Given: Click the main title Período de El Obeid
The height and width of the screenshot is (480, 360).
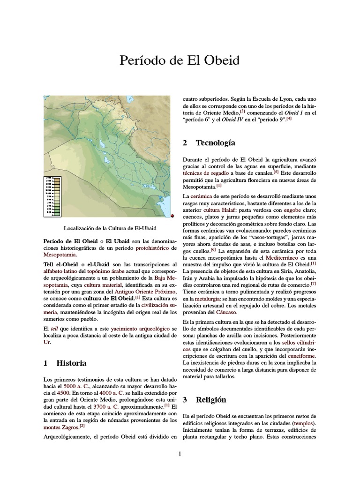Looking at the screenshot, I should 180,60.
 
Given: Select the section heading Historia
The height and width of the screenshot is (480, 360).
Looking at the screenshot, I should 71,363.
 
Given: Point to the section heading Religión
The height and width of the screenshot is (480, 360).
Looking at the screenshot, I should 211,399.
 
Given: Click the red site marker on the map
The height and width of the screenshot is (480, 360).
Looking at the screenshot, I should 172,215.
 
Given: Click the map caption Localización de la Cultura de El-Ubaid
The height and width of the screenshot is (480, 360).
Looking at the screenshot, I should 110,228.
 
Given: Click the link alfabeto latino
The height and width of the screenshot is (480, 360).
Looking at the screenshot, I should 60,270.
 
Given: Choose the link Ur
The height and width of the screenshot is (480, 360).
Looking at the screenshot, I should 47,342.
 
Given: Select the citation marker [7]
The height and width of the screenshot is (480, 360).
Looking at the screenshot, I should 313,283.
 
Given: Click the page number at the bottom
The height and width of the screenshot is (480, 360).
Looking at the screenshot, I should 180,453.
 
